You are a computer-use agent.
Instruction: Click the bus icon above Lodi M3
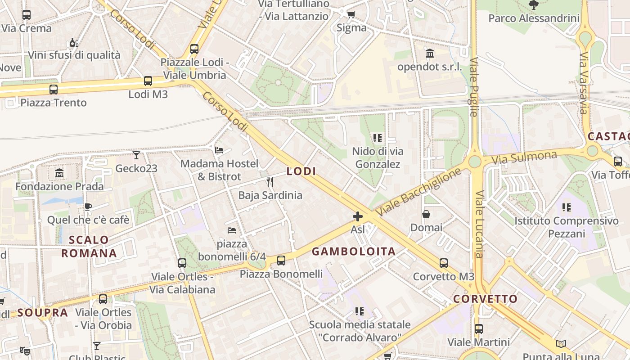click(148, 81)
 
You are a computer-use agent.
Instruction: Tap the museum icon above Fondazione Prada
click(59, 173)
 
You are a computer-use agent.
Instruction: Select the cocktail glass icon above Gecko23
click(136, 155)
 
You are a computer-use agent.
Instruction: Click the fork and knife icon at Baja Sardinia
click(270, 182)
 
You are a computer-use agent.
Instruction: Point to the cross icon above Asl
click(358, 216)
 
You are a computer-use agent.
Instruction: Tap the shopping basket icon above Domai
click(426, 214)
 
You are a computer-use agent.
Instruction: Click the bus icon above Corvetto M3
click(444, 263)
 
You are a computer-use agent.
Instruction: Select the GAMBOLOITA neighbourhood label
click(354, 252)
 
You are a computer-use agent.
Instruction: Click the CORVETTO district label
click(485, 299)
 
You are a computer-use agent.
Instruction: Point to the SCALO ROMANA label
click(89, 247)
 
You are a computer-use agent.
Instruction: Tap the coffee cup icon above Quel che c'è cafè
click(88, 207)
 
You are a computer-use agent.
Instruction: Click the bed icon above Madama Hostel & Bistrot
click(220, 150)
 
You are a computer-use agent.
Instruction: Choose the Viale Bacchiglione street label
click(419, 191)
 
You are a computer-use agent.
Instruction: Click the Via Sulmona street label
click(524, 158)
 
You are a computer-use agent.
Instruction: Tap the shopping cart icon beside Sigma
click(351, 14)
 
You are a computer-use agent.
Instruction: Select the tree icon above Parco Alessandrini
click(534, 5)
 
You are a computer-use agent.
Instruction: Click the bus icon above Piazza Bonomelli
click(281, 260)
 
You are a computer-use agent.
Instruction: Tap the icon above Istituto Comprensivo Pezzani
click(567, 207)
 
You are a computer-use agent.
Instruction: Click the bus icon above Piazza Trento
click(54, 89)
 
